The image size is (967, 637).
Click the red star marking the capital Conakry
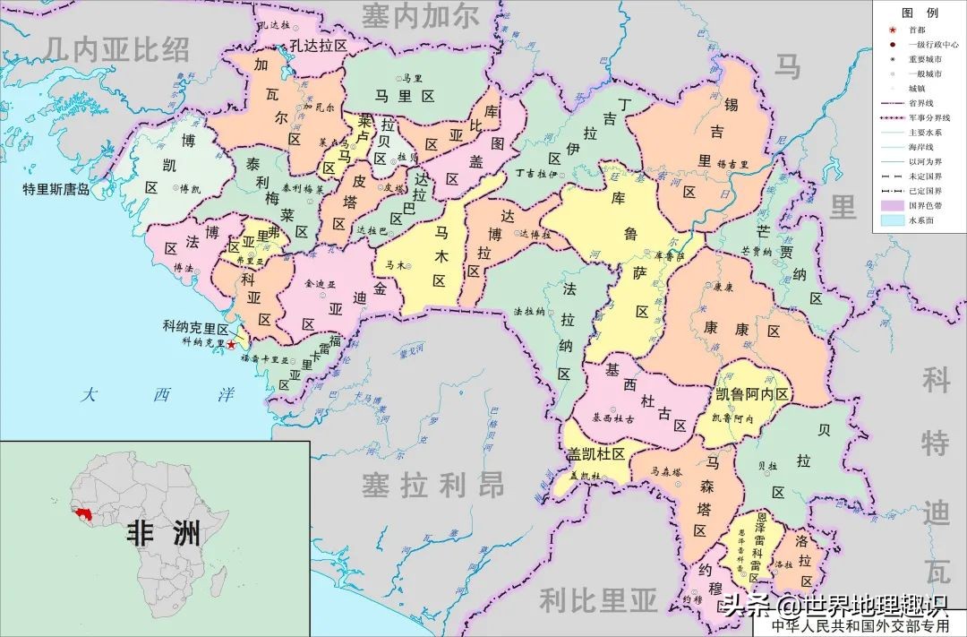pos(231,344)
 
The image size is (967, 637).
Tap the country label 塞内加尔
pos(420,15)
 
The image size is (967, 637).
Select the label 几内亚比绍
pos(119,47)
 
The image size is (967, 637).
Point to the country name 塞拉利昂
pos(432,485)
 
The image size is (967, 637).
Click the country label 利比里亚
pos(598,598)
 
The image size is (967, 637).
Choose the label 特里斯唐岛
pos(57,190)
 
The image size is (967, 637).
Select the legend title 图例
pos(920,13)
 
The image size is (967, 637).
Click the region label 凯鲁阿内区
pos(752,395)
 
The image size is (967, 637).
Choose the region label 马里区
pos(404,95)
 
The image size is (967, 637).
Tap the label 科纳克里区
pos(197,328)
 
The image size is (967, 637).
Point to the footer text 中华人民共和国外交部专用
pos(860,625)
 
